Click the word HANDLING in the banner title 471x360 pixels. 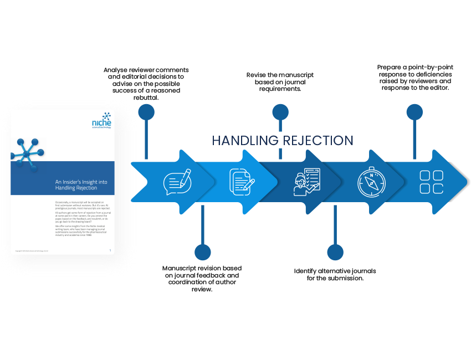coord(246,141)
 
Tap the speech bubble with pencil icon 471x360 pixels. coord(177,182)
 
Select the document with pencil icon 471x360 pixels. coord(242,182)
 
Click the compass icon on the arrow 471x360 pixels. coord(368,182)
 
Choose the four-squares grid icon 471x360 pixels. coord(431,182)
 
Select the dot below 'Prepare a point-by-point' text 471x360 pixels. coord(414,112)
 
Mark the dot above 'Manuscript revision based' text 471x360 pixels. coord(203,253)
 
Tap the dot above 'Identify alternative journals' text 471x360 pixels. coord(335,253)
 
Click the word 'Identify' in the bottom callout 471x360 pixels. coord(307,271)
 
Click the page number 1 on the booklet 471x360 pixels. coord(110,250)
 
